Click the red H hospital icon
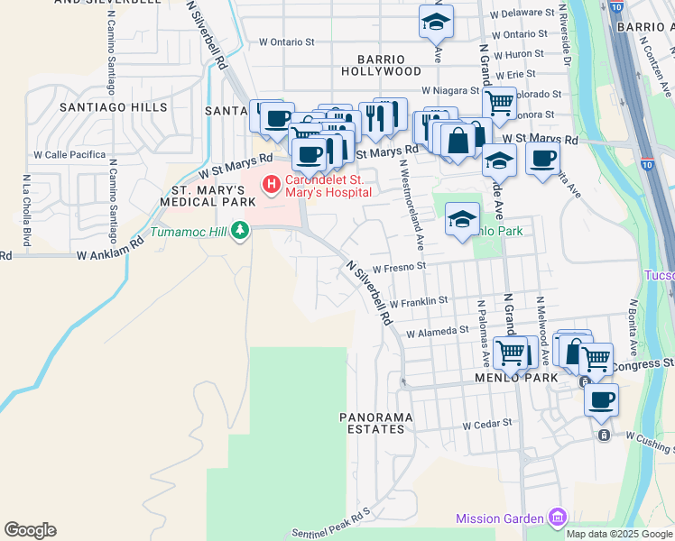(x=270, y=185)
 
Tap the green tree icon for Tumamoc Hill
(x=239, y=233)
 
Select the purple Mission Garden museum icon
(x=559, y=518)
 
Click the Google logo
(x=30, y=530)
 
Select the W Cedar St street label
(x=486, y=423)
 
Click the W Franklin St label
(x=419, y=301)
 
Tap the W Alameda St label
(x=437, y=332)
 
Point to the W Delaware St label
(x=521, y=14)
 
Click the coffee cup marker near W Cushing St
(x=601, y=399)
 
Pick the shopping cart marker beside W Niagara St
(x=498, y=102)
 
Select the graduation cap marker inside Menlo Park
(x=462, y=219)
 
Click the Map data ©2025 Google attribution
(x=619, y=534)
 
